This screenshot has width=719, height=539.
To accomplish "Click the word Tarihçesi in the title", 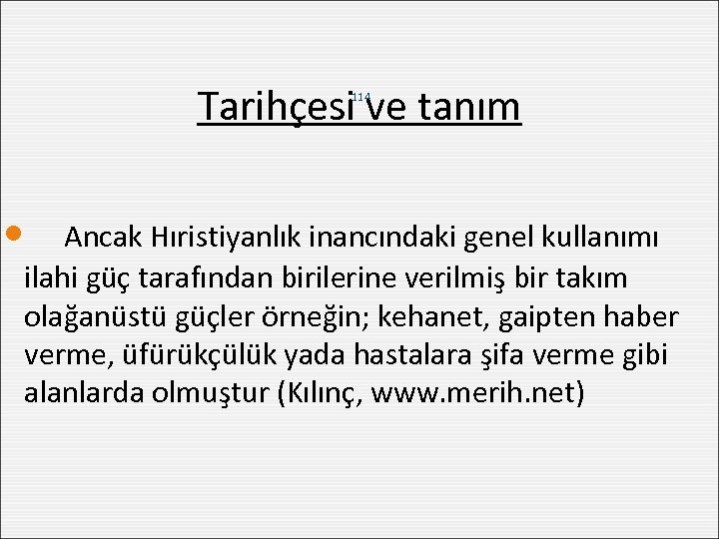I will [278, 106].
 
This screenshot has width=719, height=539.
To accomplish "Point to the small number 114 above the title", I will [361, 96].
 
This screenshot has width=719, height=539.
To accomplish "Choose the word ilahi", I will [46, 277].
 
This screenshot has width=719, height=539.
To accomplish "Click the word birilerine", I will [332, 277].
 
